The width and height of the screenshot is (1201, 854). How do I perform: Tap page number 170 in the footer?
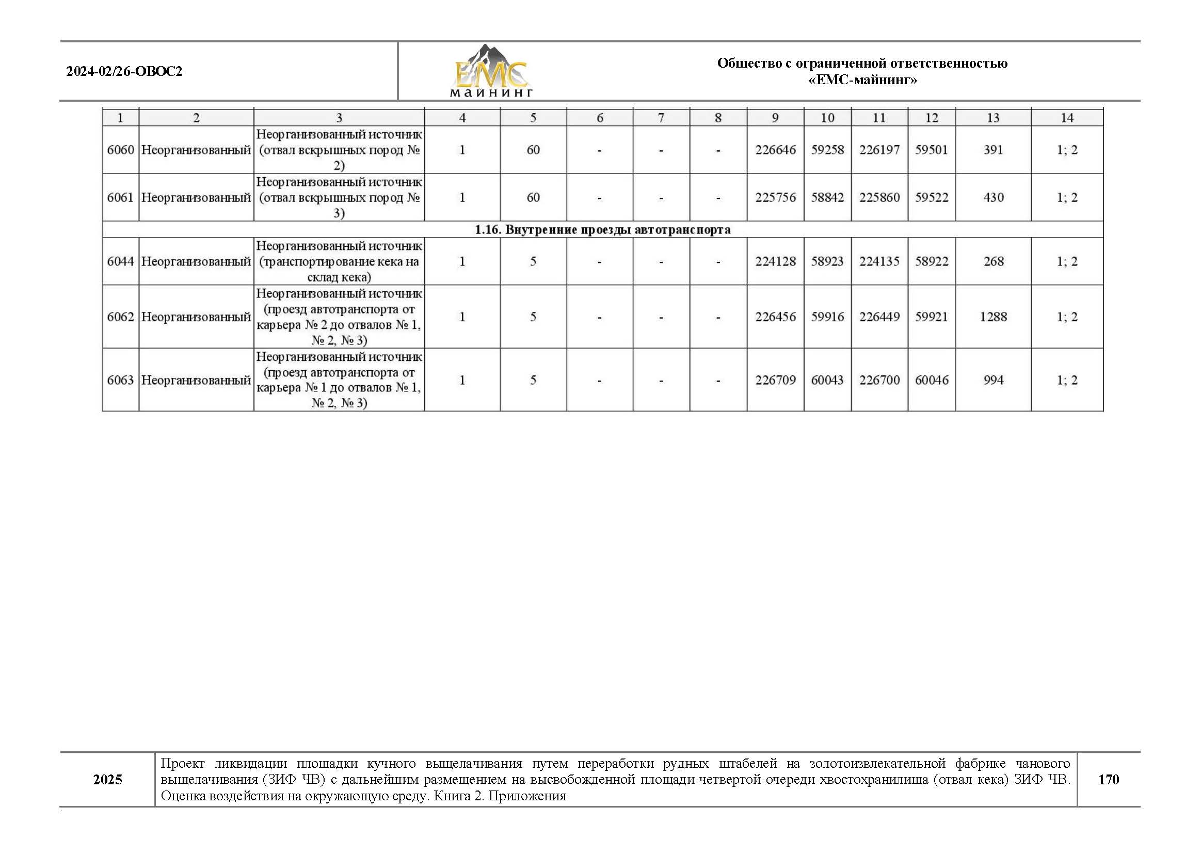point(1108,779)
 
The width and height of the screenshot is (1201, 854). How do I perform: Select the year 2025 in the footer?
point(108,779)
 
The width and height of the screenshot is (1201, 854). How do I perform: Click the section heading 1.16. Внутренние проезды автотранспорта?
point(602,230)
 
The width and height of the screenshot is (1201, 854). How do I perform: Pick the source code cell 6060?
point(120,150)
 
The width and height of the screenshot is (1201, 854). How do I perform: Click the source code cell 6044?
point(120,261)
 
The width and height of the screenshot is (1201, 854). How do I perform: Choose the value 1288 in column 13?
point(993,317)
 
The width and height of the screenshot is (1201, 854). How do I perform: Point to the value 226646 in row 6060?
point(775,150)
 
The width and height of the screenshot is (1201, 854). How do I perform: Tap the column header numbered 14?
point(1066,118)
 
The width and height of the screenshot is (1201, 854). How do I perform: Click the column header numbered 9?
point(775,118)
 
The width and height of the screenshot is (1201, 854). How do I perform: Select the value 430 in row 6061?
point(993,198)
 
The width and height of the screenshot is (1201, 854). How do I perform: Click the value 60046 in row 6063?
point(932,379)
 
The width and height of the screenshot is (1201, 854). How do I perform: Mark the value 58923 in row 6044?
point(827,261)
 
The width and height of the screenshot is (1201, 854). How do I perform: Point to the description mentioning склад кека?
point(339,261)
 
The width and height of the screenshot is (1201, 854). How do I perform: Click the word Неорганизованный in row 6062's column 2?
point(196,317)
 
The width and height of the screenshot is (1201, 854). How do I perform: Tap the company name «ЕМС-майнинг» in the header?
point(862,80)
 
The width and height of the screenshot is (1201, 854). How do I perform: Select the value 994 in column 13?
point(993,379)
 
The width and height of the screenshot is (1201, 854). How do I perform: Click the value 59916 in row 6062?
point(827,317)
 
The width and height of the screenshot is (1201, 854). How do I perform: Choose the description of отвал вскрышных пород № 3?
point(339,198)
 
